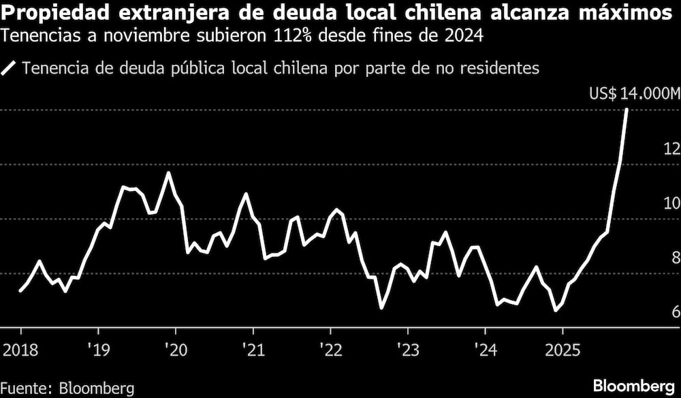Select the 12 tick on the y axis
[671, 149]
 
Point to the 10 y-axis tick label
[671, 203]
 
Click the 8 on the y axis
[675, 258]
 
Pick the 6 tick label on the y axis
[675, 312]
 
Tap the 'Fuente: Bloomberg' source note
[67, 388]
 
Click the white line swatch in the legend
[10, 68]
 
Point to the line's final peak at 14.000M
[627, 109]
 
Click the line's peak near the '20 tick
[168, 173]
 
